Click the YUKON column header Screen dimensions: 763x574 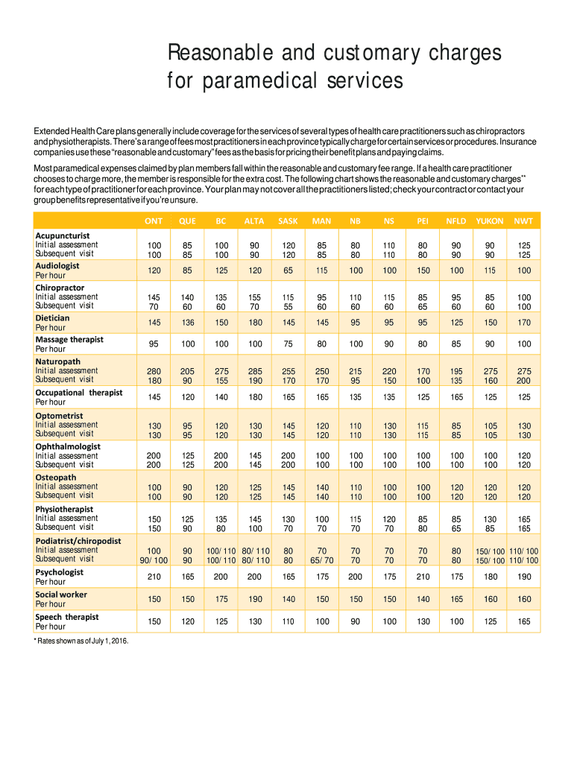tap(489, 221)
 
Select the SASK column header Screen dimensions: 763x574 tap(288, 221)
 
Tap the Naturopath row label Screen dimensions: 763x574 tap(59, 361)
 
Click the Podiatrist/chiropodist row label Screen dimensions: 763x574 tap(78, 541)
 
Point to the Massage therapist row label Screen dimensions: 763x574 tap(69, 340)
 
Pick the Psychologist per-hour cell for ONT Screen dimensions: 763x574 tap(154, 577)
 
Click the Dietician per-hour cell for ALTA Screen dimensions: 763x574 tap(256, 323)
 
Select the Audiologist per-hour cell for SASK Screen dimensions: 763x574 tap(288, 270)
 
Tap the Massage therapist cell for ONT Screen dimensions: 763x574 tap(154, 344)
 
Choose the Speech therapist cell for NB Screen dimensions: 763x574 tap(356, 621)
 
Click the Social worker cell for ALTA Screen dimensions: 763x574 tap(256, 599)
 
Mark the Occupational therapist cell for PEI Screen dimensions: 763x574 tap(423, 397)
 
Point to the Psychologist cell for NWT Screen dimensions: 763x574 tap(523, 577)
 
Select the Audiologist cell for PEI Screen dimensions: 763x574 tap(423, 270)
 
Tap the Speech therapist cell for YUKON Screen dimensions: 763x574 tap(489, 621)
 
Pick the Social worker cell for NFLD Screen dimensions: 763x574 tap(456, 599)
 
